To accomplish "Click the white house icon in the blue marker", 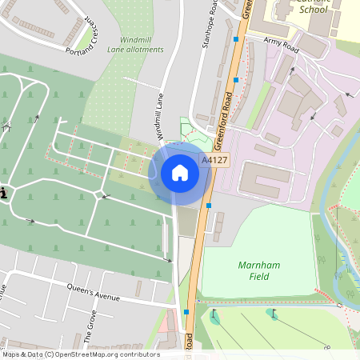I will [180, 173].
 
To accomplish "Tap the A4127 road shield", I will [214, 160].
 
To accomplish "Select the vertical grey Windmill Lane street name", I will [160, 117].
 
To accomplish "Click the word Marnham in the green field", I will [258, 265].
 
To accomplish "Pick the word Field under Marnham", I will [258, 277].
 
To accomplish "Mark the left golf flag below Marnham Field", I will [215, 314].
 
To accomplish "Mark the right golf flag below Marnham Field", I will [274, 313].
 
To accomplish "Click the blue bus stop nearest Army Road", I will [236, 38].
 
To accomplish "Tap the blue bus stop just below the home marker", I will [209, 206].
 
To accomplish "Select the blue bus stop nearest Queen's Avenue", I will [186, 312].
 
